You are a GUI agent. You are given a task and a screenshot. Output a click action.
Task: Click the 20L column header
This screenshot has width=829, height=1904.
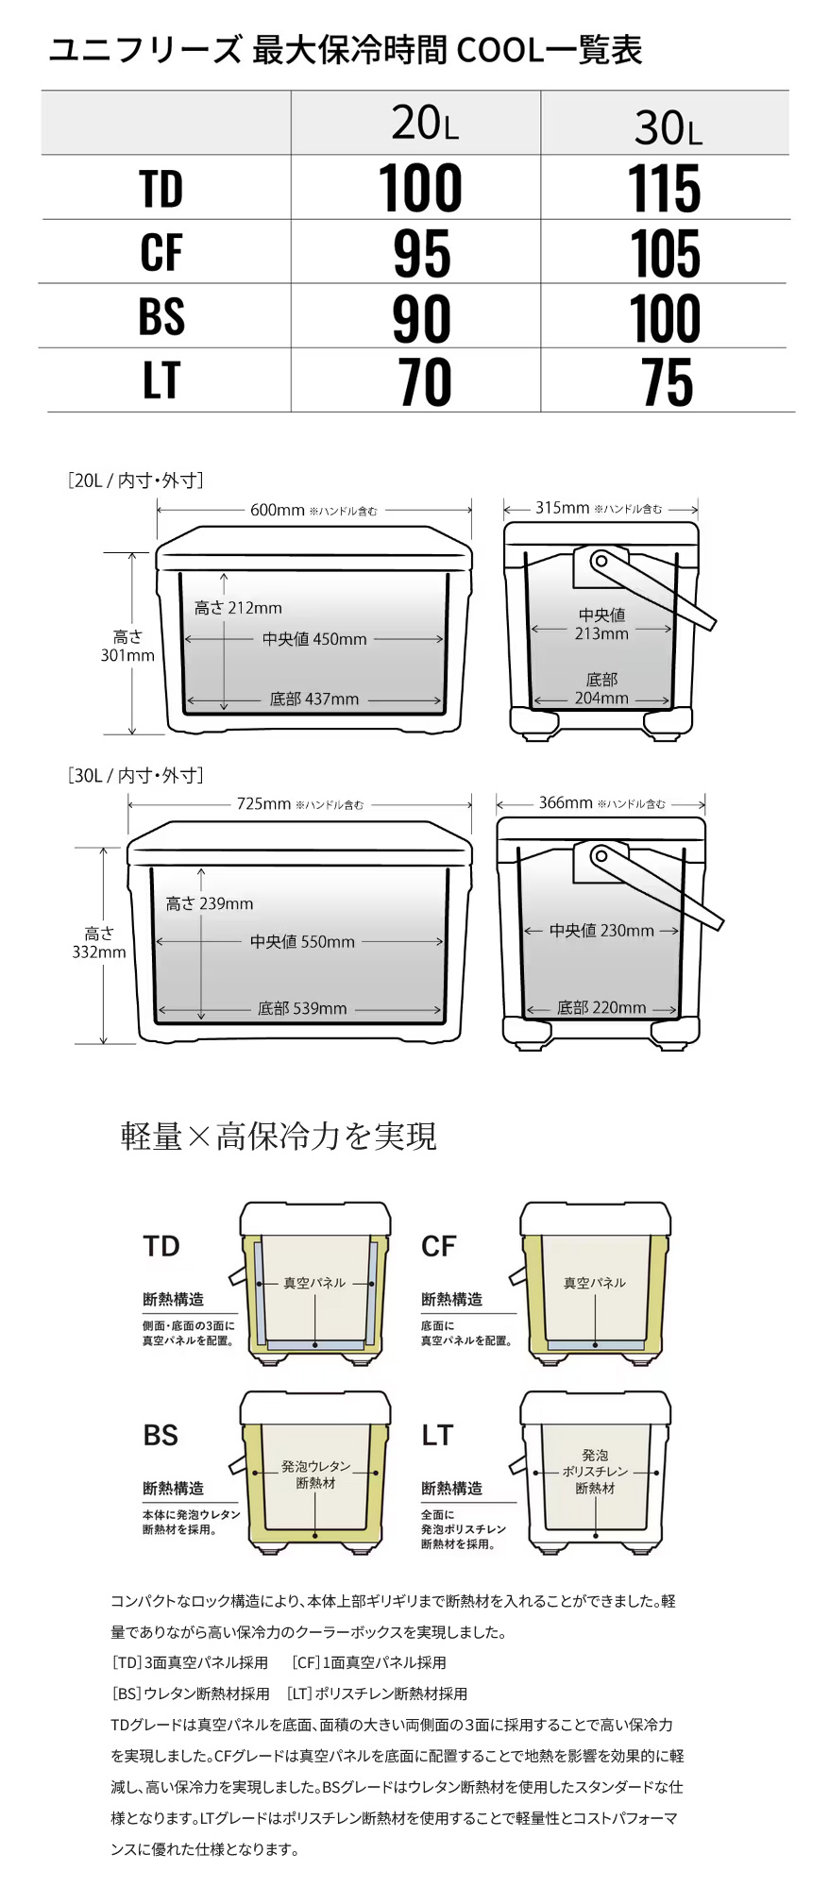tap(425, 124)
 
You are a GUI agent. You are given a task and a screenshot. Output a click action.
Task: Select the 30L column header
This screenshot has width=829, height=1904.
tap(668, 127)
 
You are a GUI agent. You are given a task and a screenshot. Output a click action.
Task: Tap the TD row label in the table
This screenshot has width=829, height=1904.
tap(161, 189)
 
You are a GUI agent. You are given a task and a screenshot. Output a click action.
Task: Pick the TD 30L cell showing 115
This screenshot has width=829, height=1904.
tap(665, 189)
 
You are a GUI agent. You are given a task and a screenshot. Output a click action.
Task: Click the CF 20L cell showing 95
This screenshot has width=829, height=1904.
tap(421, 253)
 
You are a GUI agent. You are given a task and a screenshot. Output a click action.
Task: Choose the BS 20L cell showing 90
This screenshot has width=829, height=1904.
tap(421, 318)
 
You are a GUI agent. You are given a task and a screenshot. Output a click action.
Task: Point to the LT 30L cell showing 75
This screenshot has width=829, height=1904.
tap(667, 382)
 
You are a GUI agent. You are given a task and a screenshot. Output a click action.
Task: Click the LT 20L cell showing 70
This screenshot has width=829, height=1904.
tap(424, 382)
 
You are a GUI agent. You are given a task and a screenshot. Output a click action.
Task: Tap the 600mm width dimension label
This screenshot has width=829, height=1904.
tap(277, 510)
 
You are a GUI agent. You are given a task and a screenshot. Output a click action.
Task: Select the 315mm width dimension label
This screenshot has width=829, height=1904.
tap(562, 508)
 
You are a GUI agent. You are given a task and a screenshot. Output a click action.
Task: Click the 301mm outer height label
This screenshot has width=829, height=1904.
tap(127, 647)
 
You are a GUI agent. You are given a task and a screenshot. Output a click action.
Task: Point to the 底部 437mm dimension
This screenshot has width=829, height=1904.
tap(314, 699)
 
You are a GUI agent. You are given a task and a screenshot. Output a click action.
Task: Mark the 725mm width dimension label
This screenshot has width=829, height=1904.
tap(263, 804)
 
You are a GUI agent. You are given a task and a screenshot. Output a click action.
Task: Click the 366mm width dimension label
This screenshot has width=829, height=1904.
tap(566, 803)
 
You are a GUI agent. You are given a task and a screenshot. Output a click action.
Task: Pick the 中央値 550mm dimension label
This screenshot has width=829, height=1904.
tap(302, 942)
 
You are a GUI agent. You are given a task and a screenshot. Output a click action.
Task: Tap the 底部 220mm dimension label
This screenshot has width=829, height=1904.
tap(601, 1008)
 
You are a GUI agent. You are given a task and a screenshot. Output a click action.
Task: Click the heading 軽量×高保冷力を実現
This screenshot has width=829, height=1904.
tap(279, 1136)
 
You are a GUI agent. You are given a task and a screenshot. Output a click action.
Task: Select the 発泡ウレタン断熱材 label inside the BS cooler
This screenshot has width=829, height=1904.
tap(315, 1474)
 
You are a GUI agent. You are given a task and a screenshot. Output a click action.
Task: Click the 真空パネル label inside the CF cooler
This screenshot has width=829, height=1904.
tap(594, 1283)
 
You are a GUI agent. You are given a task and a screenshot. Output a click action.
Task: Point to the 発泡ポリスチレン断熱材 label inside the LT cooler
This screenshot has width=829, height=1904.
tap(595, 1472)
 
